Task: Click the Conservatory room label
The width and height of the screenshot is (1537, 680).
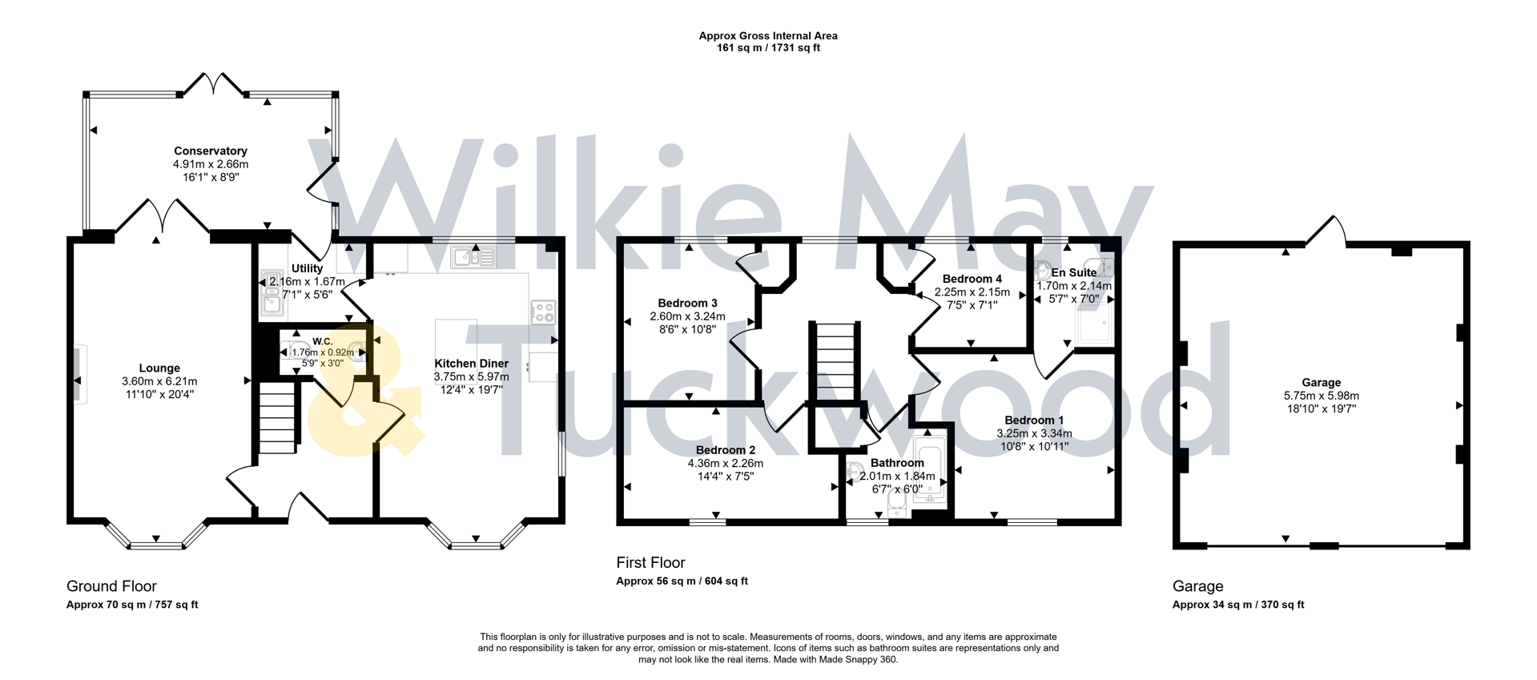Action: pos(211,151)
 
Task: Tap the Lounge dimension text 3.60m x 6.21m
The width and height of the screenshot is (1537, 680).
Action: pos(159,381)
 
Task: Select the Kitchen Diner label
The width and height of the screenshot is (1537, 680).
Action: pos(471,364)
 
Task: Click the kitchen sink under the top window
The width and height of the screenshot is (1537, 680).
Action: pos(473,257)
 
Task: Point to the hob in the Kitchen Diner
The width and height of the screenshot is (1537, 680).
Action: pos(543,312)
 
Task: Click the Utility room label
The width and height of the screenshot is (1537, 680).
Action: pos(307,268)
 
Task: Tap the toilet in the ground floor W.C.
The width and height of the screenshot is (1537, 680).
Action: pos(357,352)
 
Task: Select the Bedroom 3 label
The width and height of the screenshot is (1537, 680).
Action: pos(687,303)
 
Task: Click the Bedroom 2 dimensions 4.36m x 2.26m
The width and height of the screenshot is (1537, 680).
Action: pos(725,463)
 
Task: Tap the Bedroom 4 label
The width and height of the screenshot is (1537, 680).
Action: pos(972,279)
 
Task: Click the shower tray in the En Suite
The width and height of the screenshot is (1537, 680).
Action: pos(1094,324)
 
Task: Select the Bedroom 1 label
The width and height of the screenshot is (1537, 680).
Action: pos(1034,420)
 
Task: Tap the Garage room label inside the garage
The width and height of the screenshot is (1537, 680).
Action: pos(1321,382)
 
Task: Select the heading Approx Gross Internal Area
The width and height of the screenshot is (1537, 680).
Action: pos(767,35)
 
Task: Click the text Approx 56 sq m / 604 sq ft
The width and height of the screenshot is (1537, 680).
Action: pos(682,581)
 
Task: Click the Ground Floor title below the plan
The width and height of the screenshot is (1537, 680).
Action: pos(111,585)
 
